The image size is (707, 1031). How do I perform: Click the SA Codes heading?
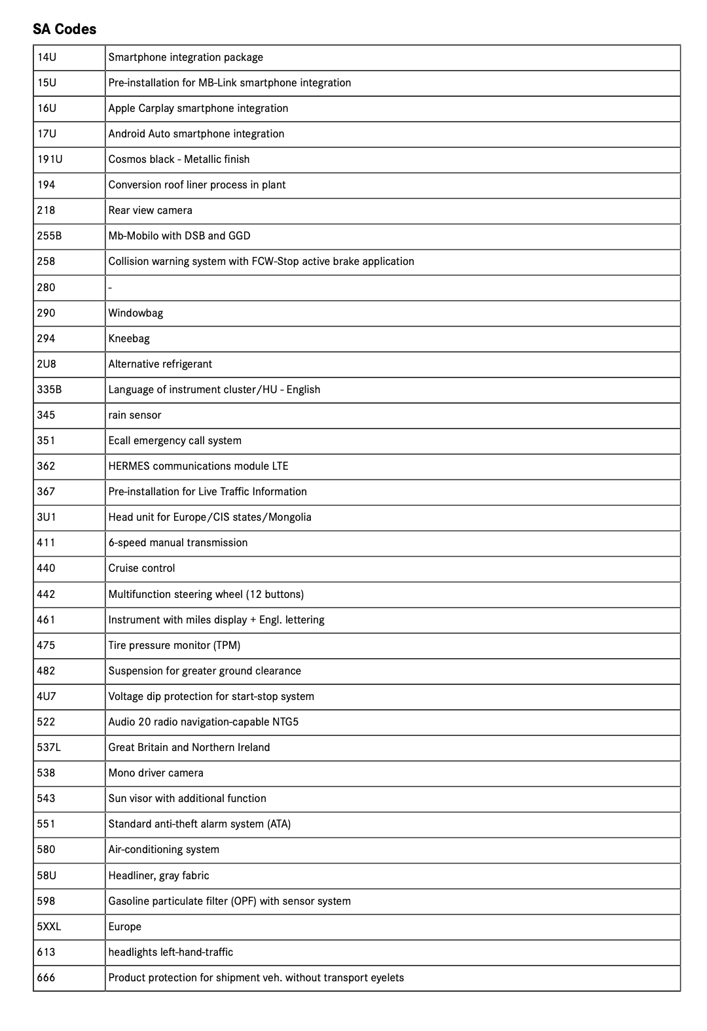pyautogui.click(x=64, y=29)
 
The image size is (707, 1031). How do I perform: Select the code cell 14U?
pyautogui.click(x=47, y=58)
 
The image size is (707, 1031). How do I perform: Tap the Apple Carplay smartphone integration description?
pyautogui.click(x=198, y=109)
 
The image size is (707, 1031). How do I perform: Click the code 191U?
pyautogui.click(x=50, y=160)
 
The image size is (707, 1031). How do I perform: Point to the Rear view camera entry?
pyautogui.click(x=150, y=211)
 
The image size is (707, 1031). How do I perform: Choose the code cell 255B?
pyautogui.click(x=49, y=236)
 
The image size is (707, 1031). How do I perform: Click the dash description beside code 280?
pyautogui.click(x=110, y=288)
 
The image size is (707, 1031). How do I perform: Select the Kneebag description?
pyautogui.click(x=129, y=339)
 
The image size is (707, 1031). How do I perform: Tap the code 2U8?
pyautogui.click(x=46, y=364)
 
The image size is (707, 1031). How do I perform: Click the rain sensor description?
pyautogui.click(x=134, y=415)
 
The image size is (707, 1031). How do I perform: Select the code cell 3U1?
pyautogui.click(x=46, y=517)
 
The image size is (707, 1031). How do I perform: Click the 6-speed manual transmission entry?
pyautogui.click(x=177, y=543)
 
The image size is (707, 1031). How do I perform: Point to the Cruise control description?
pyautogui.click(x=141, y=568)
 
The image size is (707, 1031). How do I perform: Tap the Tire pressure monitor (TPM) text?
pyautogui.click(x=174, y=646)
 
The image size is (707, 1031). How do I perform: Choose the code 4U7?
pyautogui.click(x=46, y=697)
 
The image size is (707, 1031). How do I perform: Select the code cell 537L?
pyautogui.click(x=49, y=748)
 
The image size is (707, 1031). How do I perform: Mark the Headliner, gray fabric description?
pyautogui.click(x=158, y=876)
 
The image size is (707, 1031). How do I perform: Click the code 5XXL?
pyautogui.click(x=49, y=927)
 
